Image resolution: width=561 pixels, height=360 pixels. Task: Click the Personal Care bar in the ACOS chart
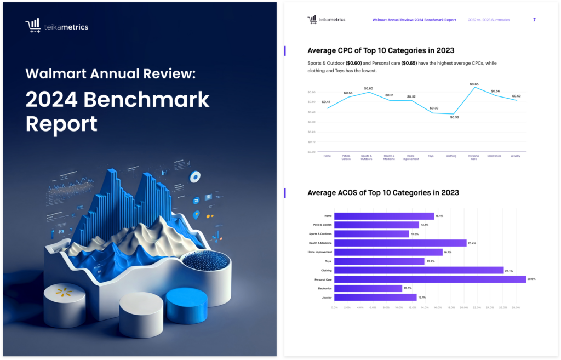click(430, 279)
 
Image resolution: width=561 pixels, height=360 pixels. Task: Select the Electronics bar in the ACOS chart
click(368, 288)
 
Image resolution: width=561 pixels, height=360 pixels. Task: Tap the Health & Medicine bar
click(400, 243)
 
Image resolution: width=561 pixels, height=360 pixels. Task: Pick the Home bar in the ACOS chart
click(384, 216)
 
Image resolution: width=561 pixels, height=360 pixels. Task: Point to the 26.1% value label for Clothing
click(509, 270)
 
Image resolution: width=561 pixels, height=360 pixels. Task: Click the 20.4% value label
click(472, 243)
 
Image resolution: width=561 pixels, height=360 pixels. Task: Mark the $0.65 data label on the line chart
click(474, 84)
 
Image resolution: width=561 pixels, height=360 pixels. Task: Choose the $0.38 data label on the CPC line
click(454, 117)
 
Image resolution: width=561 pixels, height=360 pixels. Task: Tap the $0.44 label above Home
click(326, 102)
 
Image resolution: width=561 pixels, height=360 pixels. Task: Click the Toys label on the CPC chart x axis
click(431, 156)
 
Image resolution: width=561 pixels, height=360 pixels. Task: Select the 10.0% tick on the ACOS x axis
click(399, 308)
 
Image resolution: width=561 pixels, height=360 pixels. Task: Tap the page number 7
click(534, 20)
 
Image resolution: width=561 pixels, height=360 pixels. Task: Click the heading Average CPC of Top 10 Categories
click(381, 51)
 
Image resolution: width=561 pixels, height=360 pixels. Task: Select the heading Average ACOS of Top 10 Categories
click(383, 193)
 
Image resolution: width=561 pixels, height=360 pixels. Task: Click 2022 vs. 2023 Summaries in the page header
click(489, 20)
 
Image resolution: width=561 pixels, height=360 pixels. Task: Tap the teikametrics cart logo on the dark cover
click(32, 26)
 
